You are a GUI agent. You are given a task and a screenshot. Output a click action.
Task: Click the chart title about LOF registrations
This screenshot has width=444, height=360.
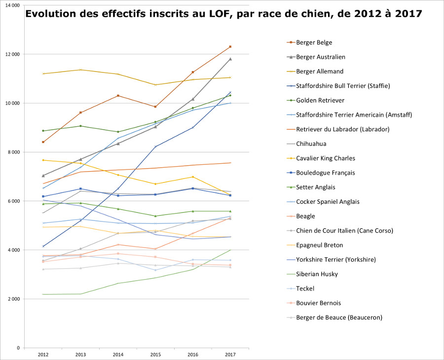(223, 14)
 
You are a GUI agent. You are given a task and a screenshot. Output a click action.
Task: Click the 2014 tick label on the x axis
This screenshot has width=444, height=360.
(118, 354)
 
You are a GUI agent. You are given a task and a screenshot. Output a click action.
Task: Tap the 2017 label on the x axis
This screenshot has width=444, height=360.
(230, 354)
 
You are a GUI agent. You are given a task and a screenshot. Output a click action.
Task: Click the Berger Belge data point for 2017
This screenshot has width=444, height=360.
(230, 47)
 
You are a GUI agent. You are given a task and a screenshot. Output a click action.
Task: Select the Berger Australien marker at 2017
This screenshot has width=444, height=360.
(230, 59)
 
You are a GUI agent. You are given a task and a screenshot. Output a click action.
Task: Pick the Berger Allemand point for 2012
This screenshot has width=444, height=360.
(43, 73)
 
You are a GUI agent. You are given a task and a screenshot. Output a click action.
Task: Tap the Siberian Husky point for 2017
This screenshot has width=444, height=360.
(230, 250)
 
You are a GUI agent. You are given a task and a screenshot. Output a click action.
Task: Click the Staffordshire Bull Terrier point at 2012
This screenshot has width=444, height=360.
(43, 246)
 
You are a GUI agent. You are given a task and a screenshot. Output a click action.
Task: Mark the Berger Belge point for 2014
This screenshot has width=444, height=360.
(118, 96)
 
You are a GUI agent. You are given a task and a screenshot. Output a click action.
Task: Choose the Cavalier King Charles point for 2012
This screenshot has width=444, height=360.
(43, 160)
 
